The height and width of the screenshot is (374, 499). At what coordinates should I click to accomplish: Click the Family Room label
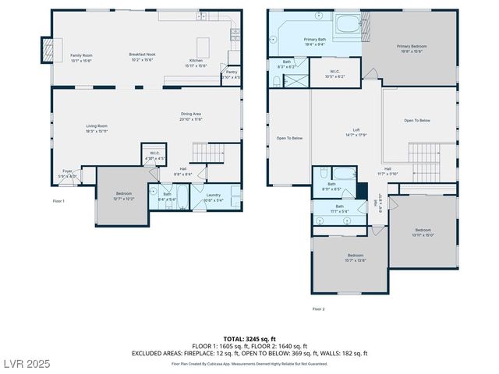tap(82, 58)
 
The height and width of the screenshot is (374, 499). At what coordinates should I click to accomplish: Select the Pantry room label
tap(231, 75)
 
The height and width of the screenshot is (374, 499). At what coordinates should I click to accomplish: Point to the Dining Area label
tap(191, 117)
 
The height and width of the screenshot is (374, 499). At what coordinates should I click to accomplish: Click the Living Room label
tap(97, 128)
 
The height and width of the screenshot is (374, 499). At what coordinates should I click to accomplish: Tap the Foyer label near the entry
tap(69, 174)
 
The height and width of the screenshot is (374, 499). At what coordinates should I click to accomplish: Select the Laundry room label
tap(213, 197)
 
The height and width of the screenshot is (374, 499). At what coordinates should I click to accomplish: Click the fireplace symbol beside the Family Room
tap(48, 51)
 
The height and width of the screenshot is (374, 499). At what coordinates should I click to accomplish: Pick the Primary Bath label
tap(315, 41)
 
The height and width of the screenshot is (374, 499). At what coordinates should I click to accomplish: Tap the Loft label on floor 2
tap(356, 132)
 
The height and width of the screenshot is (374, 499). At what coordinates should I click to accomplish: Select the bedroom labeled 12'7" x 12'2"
tap(124, 196)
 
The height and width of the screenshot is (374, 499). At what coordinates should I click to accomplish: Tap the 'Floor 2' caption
tap(318, 309)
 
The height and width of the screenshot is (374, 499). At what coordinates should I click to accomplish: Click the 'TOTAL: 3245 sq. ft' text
tap(249, 338)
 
